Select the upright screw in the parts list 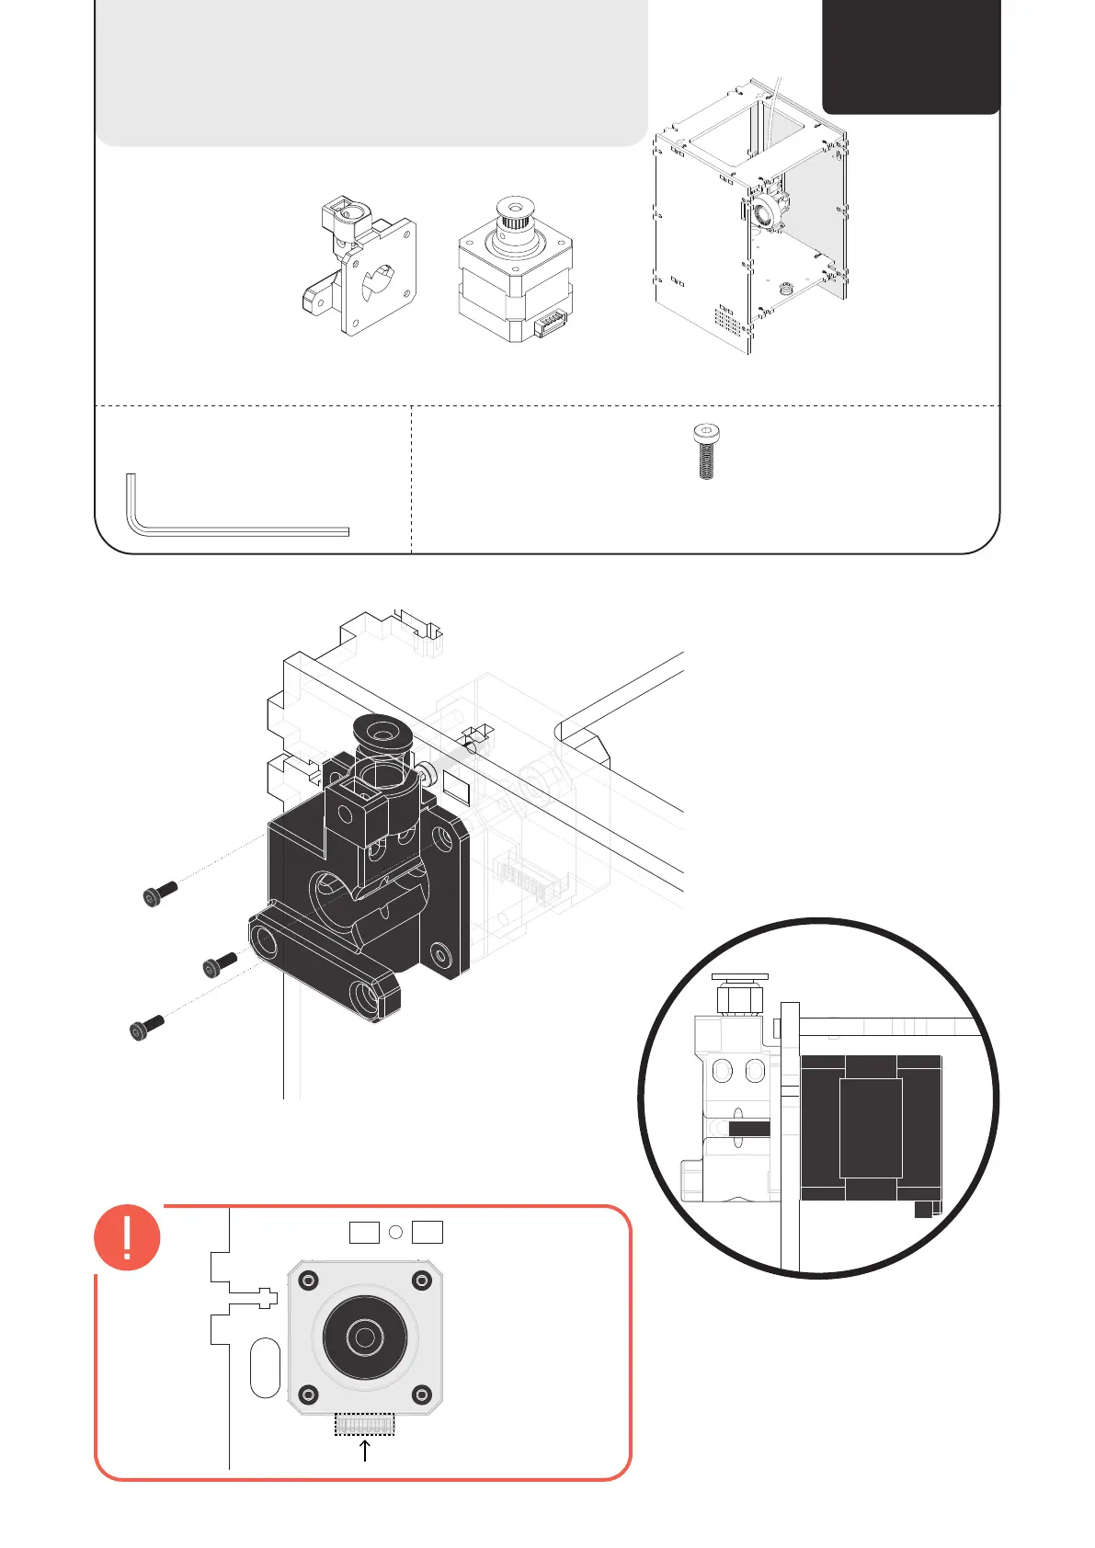[x=705, y=451]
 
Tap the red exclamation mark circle [x=127, y=1237]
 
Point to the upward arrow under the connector [x=365, y=1451]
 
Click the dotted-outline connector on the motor [x=364, y=1424]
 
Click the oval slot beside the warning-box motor [x=265, y=1368]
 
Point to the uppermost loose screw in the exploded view [x=161, y=893]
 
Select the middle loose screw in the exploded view [x=220, y=964]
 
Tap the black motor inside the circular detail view [x=870, y=1127]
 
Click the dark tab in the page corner [x=910, y=55]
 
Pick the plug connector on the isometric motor [x=550, y=324]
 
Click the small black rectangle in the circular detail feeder [x=748, y=1128]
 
